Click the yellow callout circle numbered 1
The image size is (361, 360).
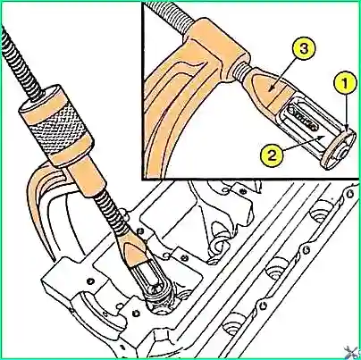click(344, 83)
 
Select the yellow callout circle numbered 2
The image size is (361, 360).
click(272, 155)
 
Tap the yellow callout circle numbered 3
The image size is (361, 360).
click(304, 49)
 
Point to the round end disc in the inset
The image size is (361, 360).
click(339, 149)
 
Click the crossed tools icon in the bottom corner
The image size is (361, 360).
click(350, 351)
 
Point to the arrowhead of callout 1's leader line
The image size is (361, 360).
click(347, 129)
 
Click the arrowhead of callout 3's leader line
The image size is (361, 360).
click(270, 88)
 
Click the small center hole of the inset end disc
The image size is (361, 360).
click(344, 153)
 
